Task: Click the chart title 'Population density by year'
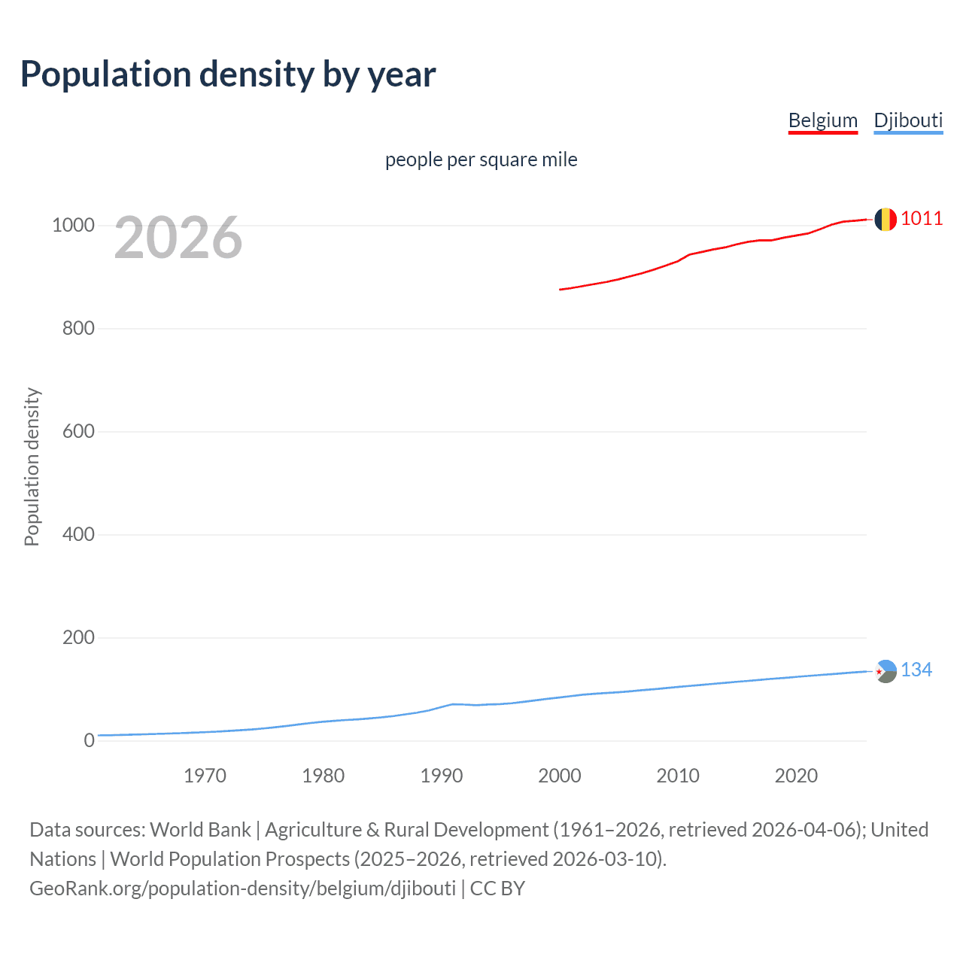[228, 74]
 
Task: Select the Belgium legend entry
[822, 120]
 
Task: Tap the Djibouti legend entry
[908, 120]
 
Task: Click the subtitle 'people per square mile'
[481, 159]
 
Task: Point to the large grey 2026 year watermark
[178, 238]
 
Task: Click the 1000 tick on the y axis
[73, 226]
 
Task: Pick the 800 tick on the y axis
[78, 329]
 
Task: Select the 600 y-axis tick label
[78, 432]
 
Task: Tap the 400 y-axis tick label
[78, 535]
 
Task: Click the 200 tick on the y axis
[78, 638]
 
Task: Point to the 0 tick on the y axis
[90, 741]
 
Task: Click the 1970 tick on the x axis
[205, 776]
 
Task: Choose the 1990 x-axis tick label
[442, 776]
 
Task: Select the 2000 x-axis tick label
[560, 776]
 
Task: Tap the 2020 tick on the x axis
[796, 776]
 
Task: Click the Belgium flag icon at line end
[886, 219]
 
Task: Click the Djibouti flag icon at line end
[886, 671]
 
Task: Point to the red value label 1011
[922, 219]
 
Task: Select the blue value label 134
[916, 670]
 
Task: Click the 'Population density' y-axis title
[32, 466]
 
